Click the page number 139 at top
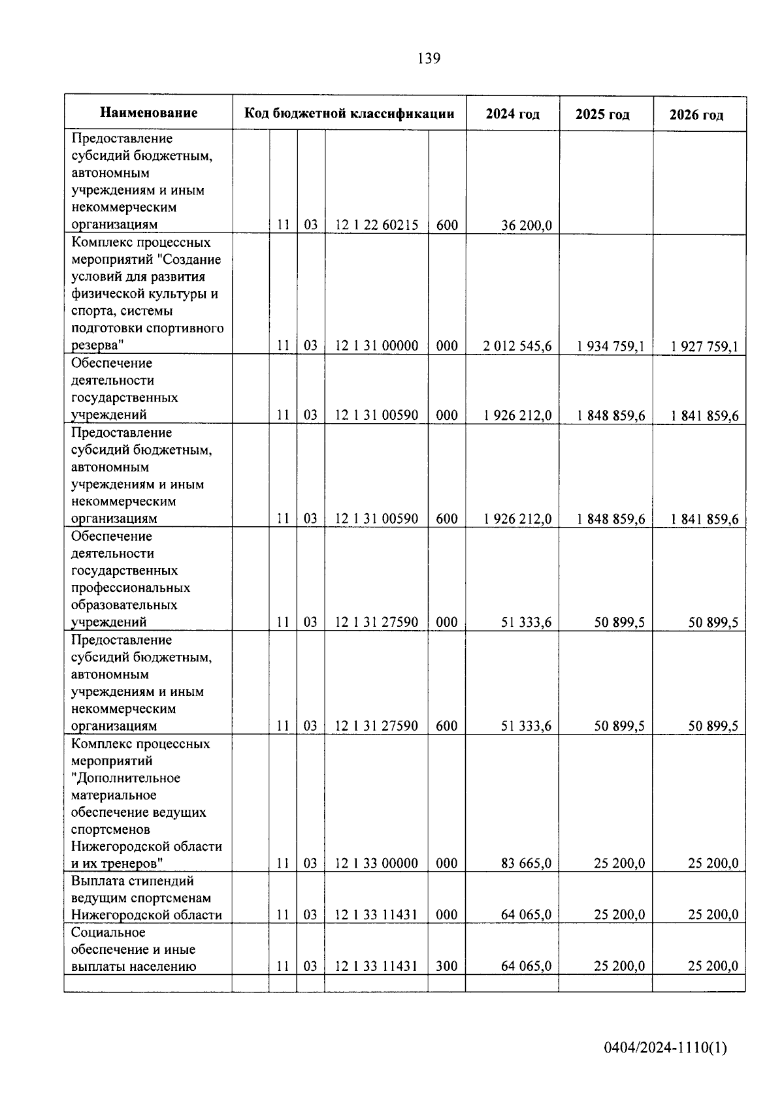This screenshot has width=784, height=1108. click(429, 59)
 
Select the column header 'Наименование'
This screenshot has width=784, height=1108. click(149, 113)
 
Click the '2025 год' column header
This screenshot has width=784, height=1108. click(602, 115)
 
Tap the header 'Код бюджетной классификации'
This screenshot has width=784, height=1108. click(349, 114)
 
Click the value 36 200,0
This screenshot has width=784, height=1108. click(527, 225)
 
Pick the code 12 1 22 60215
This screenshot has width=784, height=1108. click(376, 225)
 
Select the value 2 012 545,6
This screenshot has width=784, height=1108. click(517, 346)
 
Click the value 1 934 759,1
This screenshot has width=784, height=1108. click(611, 346)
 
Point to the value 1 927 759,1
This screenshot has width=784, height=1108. click(704, 347)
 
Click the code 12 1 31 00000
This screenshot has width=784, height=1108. click(376, 346)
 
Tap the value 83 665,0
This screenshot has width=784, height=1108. click(527, 863)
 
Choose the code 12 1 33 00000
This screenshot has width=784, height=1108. click(376, 863)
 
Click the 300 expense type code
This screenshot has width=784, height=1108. click(447, 966)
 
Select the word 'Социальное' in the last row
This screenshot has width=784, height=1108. click(108, 932)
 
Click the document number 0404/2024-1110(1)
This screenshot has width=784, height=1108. click(665, 1049)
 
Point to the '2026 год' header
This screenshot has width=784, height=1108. click(696, 116)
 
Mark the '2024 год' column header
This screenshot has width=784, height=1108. click(513, 114)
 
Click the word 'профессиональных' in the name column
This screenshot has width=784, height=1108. click(131, 588)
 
